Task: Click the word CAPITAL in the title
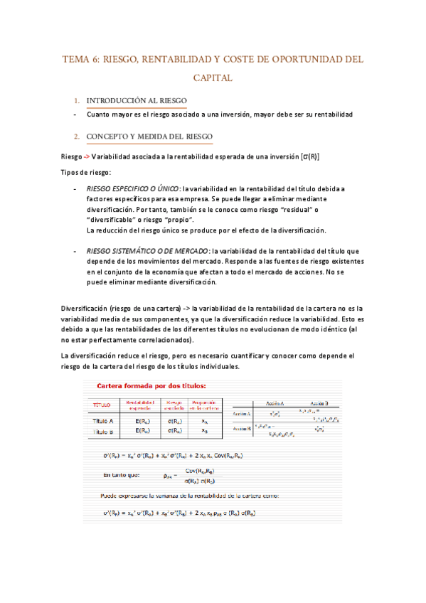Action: (x=213, y=78)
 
